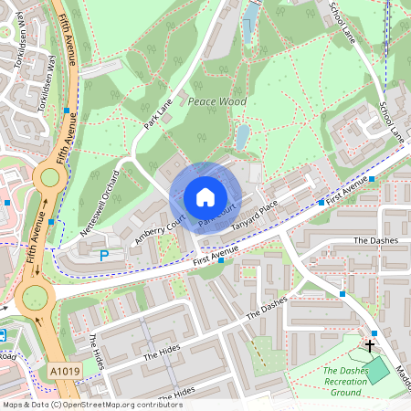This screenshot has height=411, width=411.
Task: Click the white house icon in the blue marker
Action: coord(205,197)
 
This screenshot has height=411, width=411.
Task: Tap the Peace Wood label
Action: coord(216,102)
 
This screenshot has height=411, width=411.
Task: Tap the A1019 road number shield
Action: coord(65,371)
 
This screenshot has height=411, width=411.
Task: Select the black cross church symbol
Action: coord(370,345)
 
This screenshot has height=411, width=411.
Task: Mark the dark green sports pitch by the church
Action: coord(377,370)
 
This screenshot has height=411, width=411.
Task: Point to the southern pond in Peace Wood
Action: coord(241,138)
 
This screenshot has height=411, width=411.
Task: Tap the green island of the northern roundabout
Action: coord(47,177)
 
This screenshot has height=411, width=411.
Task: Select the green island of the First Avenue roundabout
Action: coord(35,297)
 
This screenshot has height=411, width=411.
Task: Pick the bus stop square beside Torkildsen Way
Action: coord(67,111)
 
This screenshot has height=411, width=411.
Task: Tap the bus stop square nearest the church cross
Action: coord(374,332)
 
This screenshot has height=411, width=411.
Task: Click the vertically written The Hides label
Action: coord(97,351)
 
